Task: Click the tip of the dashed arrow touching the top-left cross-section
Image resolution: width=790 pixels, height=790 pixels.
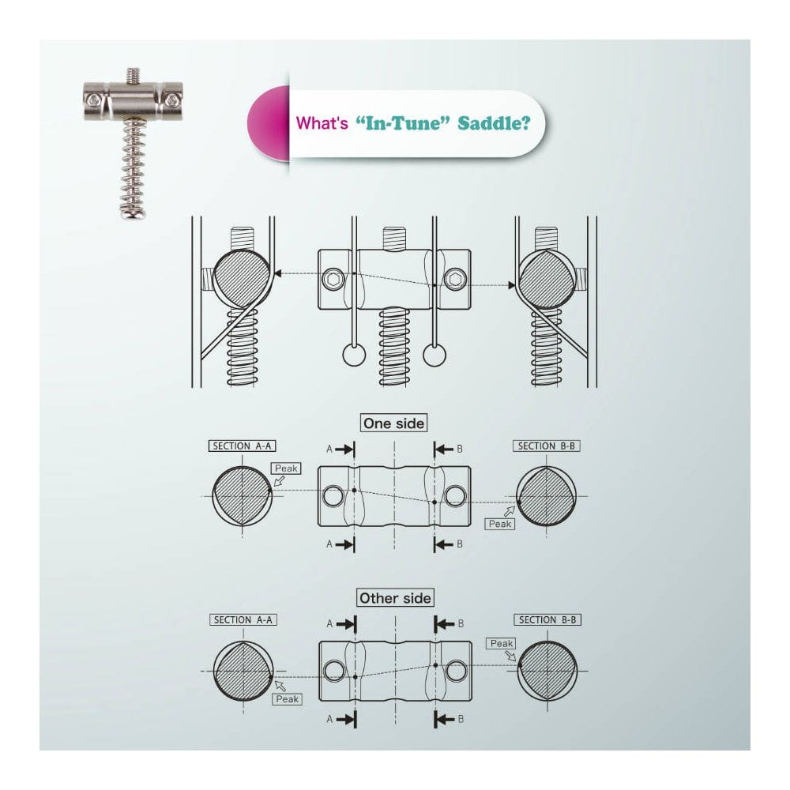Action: pos(273,273)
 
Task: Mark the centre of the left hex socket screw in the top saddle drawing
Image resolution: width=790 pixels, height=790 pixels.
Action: pos(333,279)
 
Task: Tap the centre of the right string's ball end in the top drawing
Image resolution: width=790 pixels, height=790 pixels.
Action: pos(434,355)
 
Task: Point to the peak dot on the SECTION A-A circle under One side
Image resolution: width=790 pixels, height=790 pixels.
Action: pos(270,489)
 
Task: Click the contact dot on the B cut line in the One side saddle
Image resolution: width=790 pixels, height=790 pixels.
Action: pos(434,502)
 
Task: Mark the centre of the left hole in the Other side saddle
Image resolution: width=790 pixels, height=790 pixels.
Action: pos(334,671)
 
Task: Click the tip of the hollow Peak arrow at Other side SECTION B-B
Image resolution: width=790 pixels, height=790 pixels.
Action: pos(517,660)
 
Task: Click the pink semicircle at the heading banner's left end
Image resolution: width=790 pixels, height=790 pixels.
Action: pos(269,123)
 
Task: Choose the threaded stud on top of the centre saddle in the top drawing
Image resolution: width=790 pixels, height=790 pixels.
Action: pos(394,239)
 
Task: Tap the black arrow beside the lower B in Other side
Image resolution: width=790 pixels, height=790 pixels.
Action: pos(444,719)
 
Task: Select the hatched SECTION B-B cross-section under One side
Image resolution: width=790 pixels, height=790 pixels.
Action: pos(546,496)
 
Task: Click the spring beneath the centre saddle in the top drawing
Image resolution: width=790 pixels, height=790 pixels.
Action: pos(394,347)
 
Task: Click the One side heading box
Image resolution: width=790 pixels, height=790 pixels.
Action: pos(394,423)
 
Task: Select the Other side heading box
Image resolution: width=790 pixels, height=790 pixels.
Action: pos(395,598)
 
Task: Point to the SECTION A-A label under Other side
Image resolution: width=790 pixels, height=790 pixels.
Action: pos(243,619)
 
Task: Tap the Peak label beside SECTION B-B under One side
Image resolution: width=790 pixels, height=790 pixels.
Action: pos(500,524)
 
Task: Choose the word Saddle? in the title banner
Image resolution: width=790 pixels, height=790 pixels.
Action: pos(494,123)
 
